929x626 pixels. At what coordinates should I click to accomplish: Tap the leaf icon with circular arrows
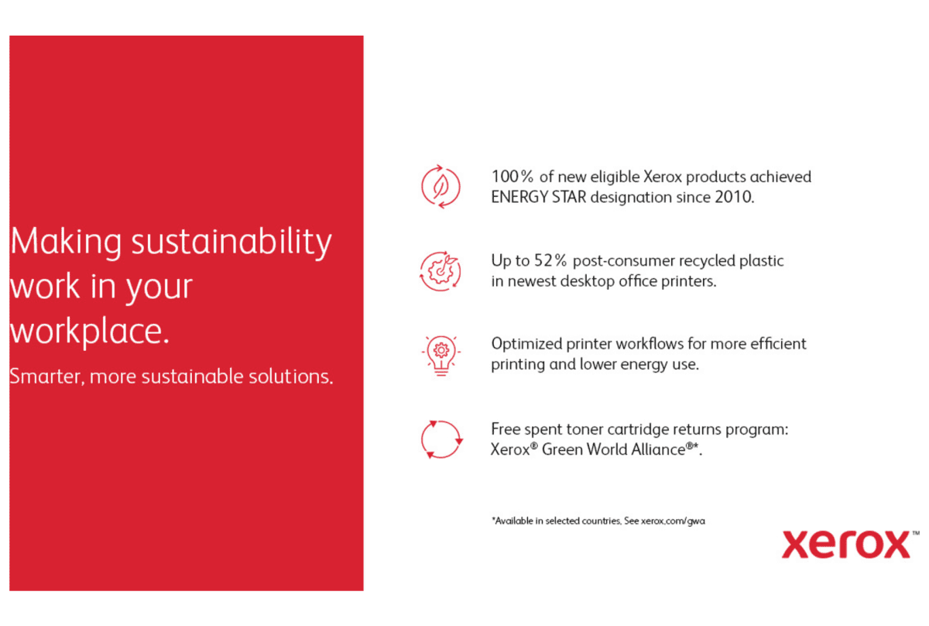point(441,187)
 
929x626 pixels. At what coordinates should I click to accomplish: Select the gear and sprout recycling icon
point(441,271)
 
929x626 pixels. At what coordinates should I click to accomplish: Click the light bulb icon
point(441,356)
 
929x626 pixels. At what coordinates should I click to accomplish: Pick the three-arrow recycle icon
point(441,439)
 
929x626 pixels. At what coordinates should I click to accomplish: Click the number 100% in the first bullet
point(512,177)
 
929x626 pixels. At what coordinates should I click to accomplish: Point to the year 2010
point(732,198)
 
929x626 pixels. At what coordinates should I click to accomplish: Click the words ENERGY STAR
point(539,198)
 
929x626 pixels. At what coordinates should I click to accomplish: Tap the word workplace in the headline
point(86,332)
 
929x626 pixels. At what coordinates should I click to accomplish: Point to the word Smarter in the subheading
point(45,377)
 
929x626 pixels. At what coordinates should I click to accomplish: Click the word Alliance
point(658,449)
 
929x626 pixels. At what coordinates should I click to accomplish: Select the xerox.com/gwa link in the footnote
point(673,521)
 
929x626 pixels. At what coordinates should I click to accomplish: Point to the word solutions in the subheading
point(290,377)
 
